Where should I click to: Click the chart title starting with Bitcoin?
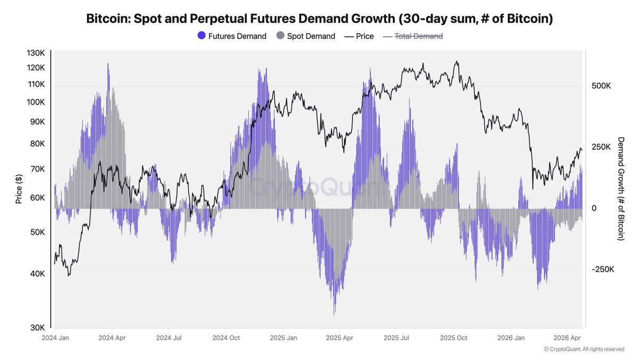coord(319,19)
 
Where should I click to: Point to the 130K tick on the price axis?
coord(36,53)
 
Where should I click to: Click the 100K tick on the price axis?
coord(36,102)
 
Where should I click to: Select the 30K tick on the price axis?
coord(37,327)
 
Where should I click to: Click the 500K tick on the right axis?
coord(601,86)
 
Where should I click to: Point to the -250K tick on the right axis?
coord(603,269)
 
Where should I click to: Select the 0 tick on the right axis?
coord(594,208)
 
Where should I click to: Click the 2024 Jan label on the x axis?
coord(55,338)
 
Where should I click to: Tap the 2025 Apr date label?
coord(340,338)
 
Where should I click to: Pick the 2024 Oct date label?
coord(226,338)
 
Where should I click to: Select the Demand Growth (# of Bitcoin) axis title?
coord(621,188)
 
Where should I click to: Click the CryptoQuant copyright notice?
coord(583,349)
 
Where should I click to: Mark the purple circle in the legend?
coord(201,36)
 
